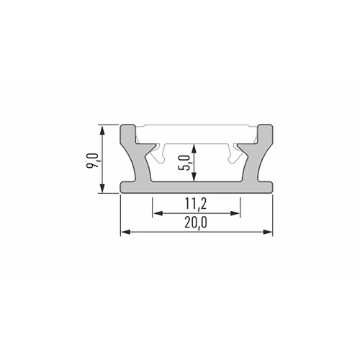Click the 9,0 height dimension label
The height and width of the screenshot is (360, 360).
93,160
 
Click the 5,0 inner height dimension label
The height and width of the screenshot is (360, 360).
184,163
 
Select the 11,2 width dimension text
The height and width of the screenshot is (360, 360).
196,204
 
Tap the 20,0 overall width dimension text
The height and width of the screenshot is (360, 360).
196,223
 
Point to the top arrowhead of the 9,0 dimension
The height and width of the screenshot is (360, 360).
102,131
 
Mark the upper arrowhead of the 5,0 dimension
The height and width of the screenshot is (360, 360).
194,148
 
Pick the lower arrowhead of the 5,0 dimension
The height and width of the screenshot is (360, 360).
194,176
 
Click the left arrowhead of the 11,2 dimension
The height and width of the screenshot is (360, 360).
158,213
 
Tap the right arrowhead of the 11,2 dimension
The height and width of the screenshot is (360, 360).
235,213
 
